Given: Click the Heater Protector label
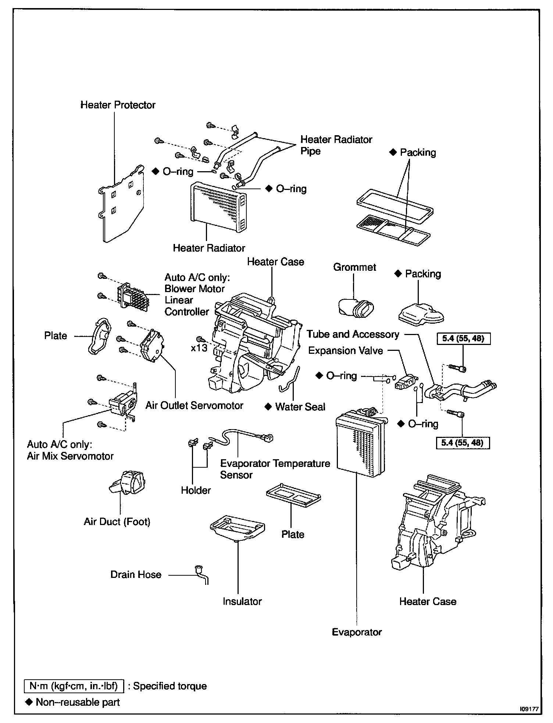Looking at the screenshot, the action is click(x=118, y=105).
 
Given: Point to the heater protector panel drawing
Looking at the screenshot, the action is click(x=121, y=204).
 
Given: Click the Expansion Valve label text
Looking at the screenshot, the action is click(x=345, y=350).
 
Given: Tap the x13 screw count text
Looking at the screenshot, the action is click(x=199, y=348).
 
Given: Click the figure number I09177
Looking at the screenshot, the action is click(x=529, y=709).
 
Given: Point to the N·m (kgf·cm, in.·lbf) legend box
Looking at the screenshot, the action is click(x=74, y=686).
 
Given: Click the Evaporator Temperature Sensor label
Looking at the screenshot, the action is click(x=275, y=469).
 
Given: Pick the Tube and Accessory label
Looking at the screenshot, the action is click(x=353, y=334).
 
